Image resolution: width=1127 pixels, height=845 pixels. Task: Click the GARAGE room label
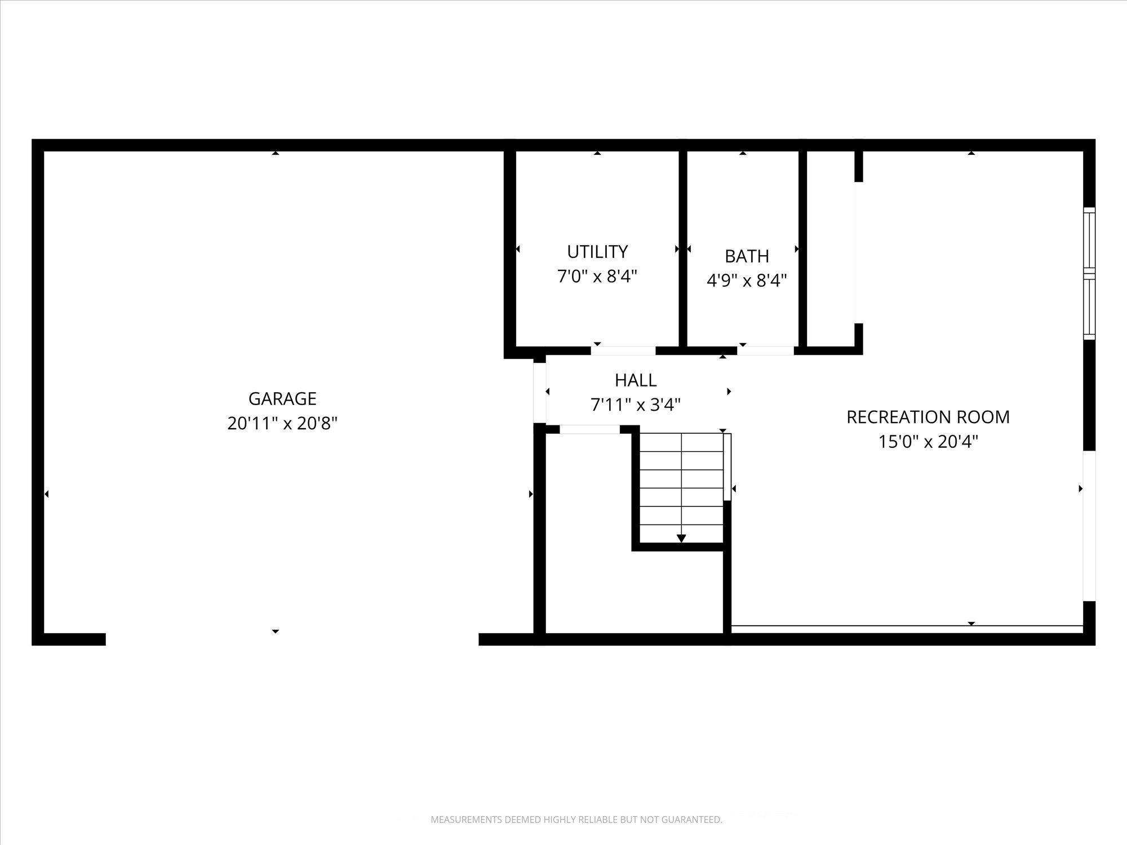tap(282, 398)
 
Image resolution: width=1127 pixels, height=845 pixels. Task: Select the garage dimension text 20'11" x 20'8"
tap(282, 423)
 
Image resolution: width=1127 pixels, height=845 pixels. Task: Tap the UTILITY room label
tap(597, 251)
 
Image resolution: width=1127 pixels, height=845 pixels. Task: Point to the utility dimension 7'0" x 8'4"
tap(597, 276)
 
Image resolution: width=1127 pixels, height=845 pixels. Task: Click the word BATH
tap(747, 256)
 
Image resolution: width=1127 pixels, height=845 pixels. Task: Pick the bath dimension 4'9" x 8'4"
tap(747, 280)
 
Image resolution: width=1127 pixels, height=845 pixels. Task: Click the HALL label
tap(636, 380)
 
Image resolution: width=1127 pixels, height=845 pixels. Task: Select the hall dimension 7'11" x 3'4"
tap(636, 404)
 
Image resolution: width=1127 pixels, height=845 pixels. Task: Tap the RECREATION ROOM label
tap(928, 417)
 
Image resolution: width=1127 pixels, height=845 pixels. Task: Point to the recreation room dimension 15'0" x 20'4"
tap(928, 441)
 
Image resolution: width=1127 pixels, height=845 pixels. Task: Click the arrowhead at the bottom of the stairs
tap(681, 539)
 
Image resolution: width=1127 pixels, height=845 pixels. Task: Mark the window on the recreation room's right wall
tap(1090, 274)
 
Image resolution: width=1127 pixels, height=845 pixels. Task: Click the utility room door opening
tap(623, 350)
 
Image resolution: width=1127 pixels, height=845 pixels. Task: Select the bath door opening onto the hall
tap(766, 350)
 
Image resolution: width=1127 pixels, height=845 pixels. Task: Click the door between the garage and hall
tap(540, 393)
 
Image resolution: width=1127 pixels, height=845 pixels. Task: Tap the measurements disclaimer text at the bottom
tap(576, 820)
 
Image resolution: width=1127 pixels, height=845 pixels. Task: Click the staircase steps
tap(681, 488)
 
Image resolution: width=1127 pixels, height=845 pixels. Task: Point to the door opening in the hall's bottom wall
tap(589, 430)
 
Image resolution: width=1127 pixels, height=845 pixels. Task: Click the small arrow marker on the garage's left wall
tap(46, 494)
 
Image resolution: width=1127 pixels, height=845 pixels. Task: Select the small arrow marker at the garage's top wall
tap(275, 153)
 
